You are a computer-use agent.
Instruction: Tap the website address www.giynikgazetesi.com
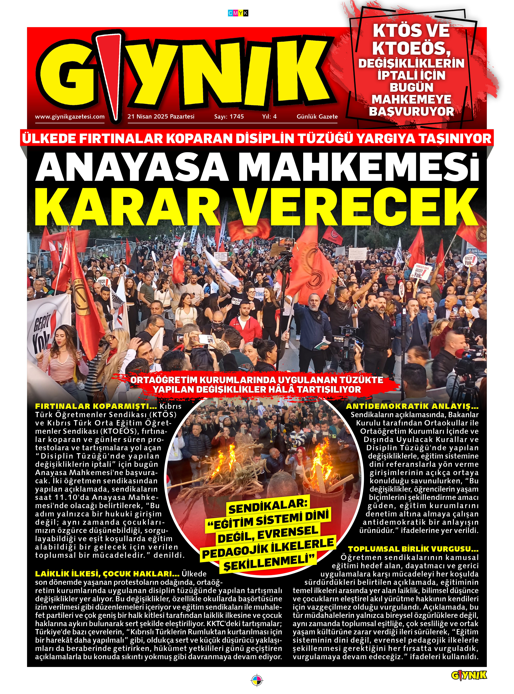70,117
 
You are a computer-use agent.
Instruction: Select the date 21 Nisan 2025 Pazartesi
161,117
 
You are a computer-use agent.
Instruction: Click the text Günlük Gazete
317,117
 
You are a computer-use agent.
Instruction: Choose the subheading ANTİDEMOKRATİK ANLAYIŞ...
412,406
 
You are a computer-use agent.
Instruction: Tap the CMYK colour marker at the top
238,13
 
